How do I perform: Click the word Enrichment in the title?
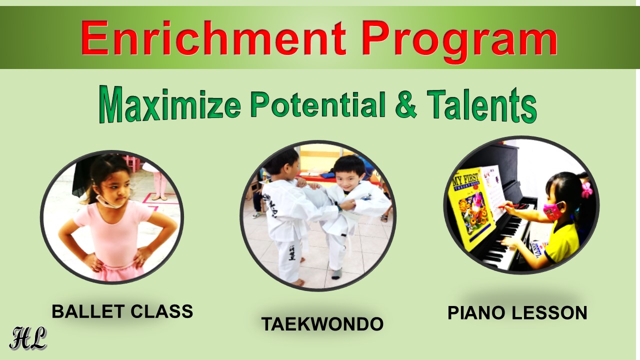213,37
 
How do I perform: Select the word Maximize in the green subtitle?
170,104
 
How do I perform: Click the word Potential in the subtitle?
318,103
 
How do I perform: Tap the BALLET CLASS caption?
122,311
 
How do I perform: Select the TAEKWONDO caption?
322,324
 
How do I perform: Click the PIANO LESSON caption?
517,312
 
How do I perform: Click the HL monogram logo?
28,338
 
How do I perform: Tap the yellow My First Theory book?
471,208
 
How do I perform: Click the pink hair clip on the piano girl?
586,189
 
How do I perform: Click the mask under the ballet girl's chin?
108,201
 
